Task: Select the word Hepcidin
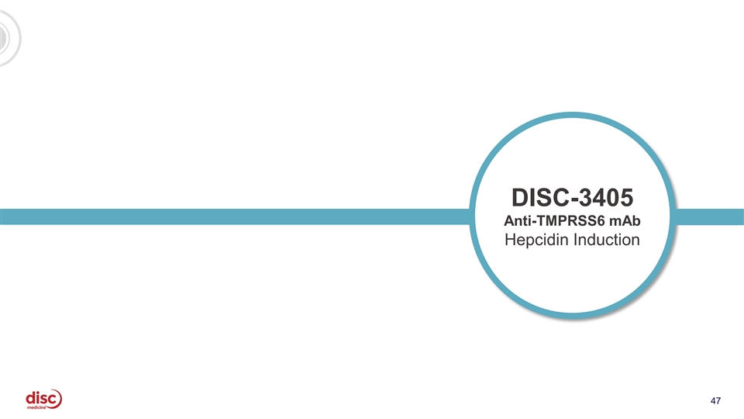(536, 240)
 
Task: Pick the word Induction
(606, 240)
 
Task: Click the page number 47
(715, 401)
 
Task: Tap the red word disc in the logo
(42, 397)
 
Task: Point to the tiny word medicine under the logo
(36, 407)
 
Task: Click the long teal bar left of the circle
(235, 216)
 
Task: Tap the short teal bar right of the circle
(709, 216)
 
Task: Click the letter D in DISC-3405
(519, 198)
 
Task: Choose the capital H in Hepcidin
(510, 240)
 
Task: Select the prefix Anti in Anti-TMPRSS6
(517, 221)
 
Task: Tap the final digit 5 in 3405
(627, 198)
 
